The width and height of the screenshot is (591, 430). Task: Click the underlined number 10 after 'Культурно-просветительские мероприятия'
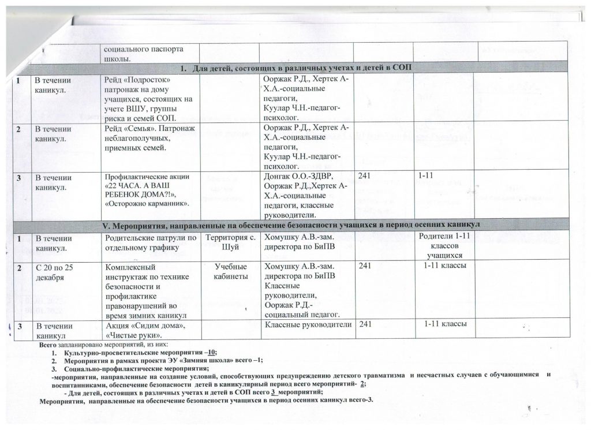tap(212, 352)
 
